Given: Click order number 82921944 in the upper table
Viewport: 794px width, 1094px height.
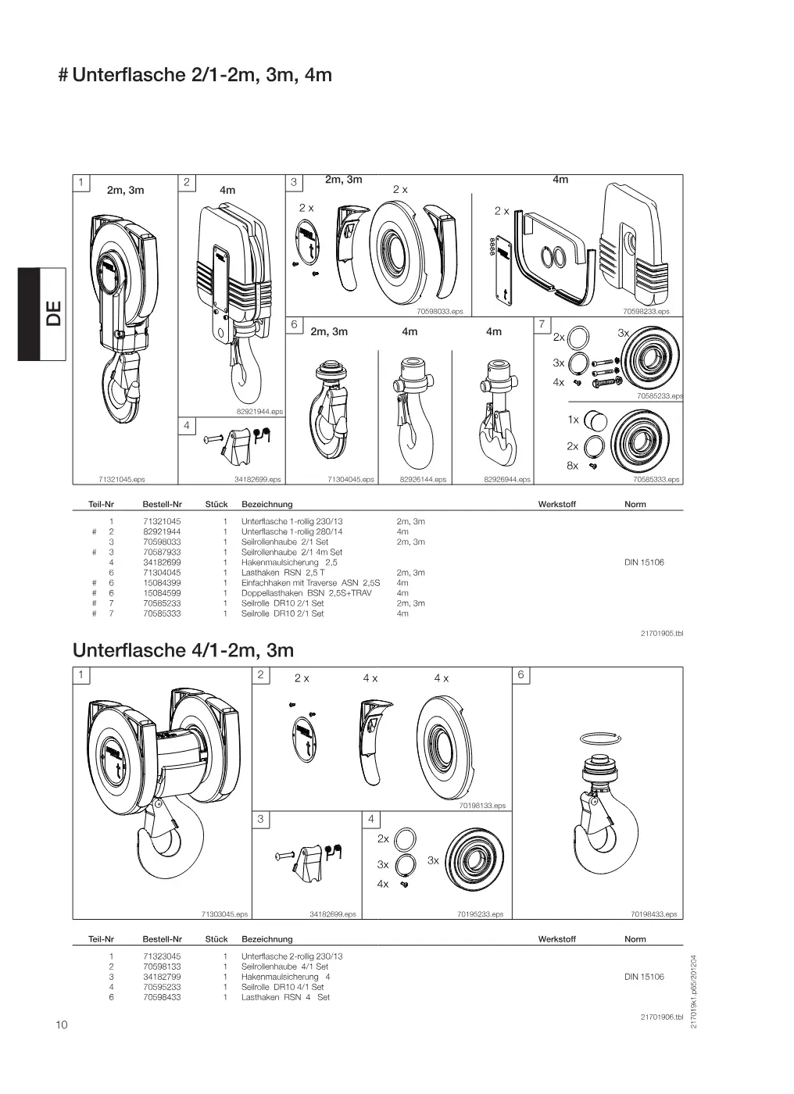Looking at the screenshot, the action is pyautogui.click(x=162, y=531).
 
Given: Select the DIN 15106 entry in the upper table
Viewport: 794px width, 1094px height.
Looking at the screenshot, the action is pyautogui.click(x=644, y=562).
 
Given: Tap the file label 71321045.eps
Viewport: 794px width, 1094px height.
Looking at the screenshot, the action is pyautogui.click(x=122, y=480).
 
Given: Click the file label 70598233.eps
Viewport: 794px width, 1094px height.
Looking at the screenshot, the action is pyautogui.click(x=646, y=311).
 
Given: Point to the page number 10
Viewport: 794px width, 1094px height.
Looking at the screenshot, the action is pyautogui.click(x=62, y=1024).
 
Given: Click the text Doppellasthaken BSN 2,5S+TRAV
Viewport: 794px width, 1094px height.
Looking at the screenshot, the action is pyautogui.click(x=306, y=593).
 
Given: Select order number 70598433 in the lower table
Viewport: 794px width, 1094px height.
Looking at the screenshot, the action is pyautogui.click(x=162, y=997).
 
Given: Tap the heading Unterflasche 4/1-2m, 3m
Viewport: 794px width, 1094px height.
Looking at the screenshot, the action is pyautogui.click(x=183, y=650).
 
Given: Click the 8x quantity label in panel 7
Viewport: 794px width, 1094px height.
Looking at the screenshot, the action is pyautogui.click(x=572, y=466).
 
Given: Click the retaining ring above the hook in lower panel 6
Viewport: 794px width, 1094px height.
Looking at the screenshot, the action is pyautogui.click(x=601, y=738).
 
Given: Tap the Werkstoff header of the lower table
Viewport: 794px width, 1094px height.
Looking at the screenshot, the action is pyautogui.click(x=556, y=938).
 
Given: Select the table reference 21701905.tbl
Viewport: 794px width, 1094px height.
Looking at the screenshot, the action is pyautogui.click(x=662, y=634).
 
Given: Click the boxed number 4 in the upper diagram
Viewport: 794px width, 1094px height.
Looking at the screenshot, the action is pyautogui.click(x=187, y=425).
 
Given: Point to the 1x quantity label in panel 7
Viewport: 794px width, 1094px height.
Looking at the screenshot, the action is pyautogui.click(x=574, y=420).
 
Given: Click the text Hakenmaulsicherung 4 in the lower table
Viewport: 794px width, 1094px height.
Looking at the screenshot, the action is pyautogui.click(x=285, y=977).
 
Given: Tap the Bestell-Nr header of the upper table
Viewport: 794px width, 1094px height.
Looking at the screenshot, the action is pyautogui.click(x=162, y=504).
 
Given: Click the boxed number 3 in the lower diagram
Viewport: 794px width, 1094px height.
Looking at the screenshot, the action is pyautogui.click(x=260, y=819).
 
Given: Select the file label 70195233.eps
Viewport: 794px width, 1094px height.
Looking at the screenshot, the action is pyautogui.click(x=480, y=914).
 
